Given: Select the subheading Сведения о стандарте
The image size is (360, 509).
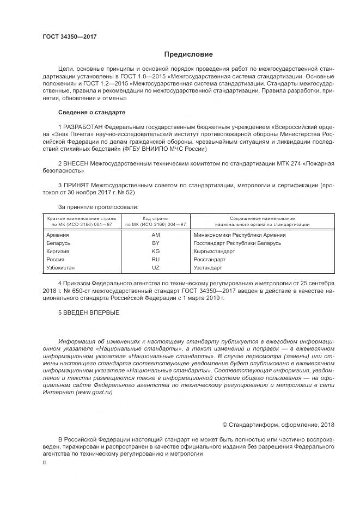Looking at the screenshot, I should click(x=91, y=112).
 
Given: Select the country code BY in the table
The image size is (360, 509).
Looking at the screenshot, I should click(x=155, y=243).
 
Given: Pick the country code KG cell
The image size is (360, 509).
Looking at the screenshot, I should click(x=155, y=252).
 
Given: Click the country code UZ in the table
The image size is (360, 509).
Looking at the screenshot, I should click(x=155, y=268).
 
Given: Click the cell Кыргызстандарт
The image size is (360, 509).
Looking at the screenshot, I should click(x=214, y=252).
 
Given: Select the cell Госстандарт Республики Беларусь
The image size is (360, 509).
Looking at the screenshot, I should click(x=237, y=243).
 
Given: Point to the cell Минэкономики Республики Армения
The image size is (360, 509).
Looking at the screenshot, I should click(x=239, y=235).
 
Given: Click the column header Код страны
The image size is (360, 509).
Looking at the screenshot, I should click(x=155, y=218).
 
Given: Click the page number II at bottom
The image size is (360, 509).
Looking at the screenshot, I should click(x=45, y=462).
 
